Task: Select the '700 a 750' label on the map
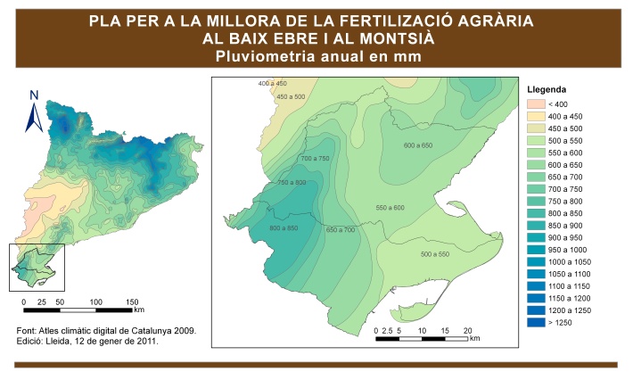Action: point(316,158)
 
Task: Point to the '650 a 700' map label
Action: point(341,229)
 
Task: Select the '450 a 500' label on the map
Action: point(291,96)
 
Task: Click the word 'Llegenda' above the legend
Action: point(548,91)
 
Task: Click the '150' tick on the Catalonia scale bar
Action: point(133,302)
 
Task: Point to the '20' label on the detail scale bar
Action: point(467,330)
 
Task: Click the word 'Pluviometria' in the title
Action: point(258,56)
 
